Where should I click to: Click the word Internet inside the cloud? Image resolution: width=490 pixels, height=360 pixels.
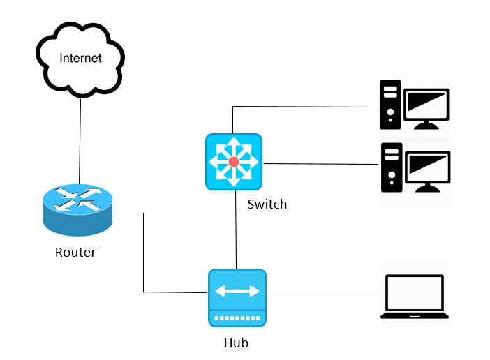click(80, 58)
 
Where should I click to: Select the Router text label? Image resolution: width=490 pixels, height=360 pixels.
click(75, 252)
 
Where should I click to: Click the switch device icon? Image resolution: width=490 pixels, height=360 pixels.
click(233, 162)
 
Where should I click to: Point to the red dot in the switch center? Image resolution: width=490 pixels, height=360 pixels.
click(233, 162)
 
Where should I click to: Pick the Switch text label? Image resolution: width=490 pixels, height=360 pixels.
click(267, 204)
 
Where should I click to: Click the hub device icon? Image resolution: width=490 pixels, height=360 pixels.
click(237, 298)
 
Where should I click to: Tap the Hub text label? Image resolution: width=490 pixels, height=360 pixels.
click(236, 343)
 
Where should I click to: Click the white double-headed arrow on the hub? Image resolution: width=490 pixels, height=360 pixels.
click(237, 291)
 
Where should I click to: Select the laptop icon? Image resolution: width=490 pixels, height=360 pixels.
click(415, 297)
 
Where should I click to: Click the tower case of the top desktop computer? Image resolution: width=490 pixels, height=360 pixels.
click(390, 105)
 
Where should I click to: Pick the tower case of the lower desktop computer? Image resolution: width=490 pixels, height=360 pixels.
click(390, 167)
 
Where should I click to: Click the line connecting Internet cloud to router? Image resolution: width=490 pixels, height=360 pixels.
click(80, 140)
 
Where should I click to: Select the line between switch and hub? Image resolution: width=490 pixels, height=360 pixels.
click(237, 230)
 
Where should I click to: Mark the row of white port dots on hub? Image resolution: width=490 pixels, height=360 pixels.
click(237, 317)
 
